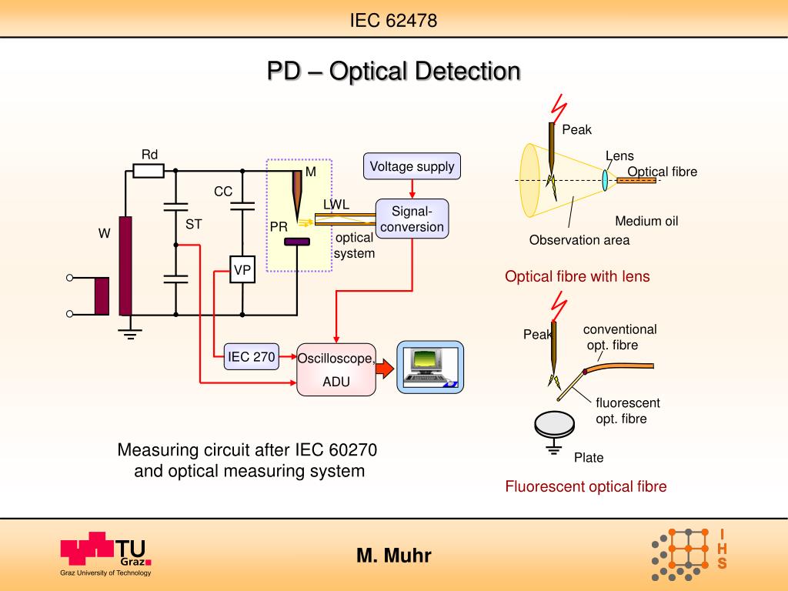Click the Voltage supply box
click(x=412, y=166)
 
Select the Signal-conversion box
click(x=412, y=219)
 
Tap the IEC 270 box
click(x=252, y=356)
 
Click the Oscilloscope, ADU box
click(x=336, y=369)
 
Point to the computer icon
click(x=430, y=367)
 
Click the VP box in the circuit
click(x=242, y=270)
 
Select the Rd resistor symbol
click(x=149, y=171)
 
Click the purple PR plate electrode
click(x=297, y=242)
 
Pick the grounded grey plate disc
click(x=554, y=425)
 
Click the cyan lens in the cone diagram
click(x=605, y=180)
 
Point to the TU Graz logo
click(x=105, y=554)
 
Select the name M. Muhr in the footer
click(x=394, y=556)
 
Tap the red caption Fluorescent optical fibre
click(x=586, y=486)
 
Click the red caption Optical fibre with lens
click(x=577, y=276)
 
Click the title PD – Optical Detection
click(x=393, y=71)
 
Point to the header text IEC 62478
click(x=393, y=21)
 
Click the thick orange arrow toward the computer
click(x=385, y=369)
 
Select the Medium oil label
click(x=646, y=221)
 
